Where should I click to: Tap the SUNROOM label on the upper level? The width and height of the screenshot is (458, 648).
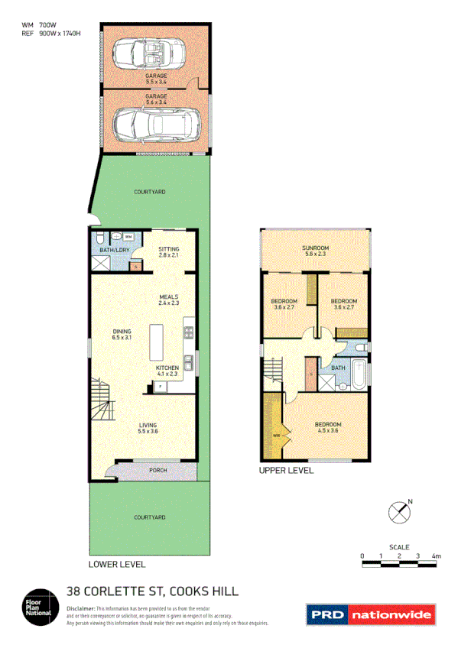click(313, 249)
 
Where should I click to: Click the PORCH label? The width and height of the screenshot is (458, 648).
click(158, 470)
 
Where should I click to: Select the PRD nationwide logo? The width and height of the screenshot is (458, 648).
click(371, 614)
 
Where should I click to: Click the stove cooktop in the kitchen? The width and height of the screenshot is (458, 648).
click(187, 332)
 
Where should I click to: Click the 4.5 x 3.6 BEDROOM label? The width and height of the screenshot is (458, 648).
click(328, 427)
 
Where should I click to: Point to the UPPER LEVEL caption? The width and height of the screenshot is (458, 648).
click(286, 471)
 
